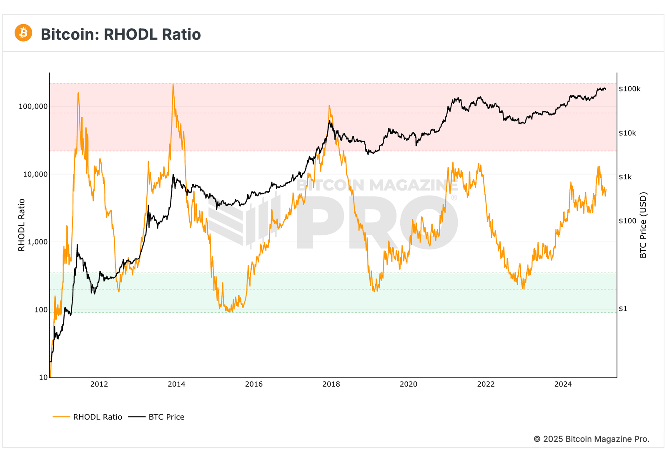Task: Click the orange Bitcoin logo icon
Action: coord(23,33)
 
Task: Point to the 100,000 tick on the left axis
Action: coord(33,106)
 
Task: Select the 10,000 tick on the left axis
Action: coord(35,174)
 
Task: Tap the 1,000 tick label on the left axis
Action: coord(37,242)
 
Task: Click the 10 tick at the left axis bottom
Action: coord(43,377)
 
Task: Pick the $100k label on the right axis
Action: coord(629,89)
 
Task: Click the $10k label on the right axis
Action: coord(627,133)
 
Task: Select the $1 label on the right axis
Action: coord(623,309)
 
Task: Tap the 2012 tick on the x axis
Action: coord(99,384)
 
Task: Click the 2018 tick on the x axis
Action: coord(331,384)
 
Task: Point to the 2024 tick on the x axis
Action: coord(563,384)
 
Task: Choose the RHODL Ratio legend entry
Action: coord(97,417)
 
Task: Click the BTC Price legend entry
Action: coord(166,417)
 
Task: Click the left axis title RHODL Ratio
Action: coord(22,225)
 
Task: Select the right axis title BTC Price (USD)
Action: coord(643,225)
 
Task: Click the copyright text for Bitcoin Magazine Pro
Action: coord(592,439)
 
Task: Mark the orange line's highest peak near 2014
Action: coord(173,85)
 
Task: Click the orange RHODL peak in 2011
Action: coord(78,93)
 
